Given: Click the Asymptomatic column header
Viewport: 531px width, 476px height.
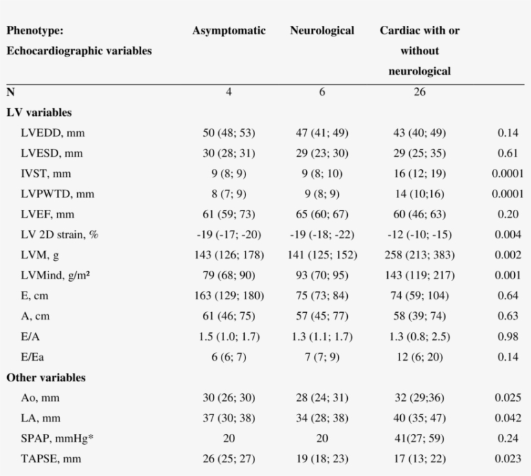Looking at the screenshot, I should [229, 31].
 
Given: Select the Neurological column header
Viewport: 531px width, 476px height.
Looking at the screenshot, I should [322, 31].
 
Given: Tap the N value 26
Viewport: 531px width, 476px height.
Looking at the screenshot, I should [420, 92].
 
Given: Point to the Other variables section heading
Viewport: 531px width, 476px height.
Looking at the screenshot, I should [46, 378].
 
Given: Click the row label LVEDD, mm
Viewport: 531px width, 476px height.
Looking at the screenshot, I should [52, 133].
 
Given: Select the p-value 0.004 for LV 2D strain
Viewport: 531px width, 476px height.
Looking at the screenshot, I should [508, 234].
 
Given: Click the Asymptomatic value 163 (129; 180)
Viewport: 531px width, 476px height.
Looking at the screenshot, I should [229, 296].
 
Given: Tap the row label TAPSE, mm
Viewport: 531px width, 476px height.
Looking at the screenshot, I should [51, 459].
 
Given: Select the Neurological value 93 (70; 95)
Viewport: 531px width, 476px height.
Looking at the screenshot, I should [322, 275].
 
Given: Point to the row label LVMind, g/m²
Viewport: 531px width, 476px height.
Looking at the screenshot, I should [55, 275].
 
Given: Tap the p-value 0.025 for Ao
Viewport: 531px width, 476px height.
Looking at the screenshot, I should [508, 398].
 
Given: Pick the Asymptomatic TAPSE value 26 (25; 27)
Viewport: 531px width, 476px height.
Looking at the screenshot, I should [229, 459].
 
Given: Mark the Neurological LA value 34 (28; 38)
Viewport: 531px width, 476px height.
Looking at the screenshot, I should [322, 418].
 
